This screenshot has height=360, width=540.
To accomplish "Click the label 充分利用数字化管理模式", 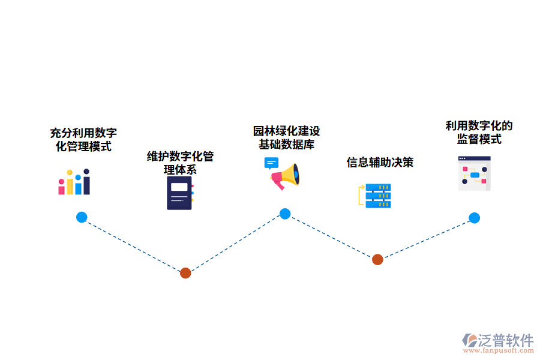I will (83, 139).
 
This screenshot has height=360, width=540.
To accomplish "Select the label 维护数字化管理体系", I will (180, 163).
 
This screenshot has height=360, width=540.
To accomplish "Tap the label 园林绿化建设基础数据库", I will (286, 137).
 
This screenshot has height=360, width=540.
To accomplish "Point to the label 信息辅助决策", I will (380, 162).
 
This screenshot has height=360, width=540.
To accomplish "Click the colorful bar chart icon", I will (74, 182).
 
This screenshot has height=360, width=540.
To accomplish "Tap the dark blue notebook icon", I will (180, 193).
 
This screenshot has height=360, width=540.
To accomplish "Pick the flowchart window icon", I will (474, 173).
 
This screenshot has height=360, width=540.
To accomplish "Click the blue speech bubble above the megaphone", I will (271, 163).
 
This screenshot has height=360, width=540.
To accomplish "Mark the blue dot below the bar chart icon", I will (82, 217).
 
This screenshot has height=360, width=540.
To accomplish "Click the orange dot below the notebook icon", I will (185, 273).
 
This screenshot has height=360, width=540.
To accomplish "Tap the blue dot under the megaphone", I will (285, 214).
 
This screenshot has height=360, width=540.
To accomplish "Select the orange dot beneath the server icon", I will (377, 259).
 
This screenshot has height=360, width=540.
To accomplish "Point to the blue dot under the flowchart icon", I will (474, 218).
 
